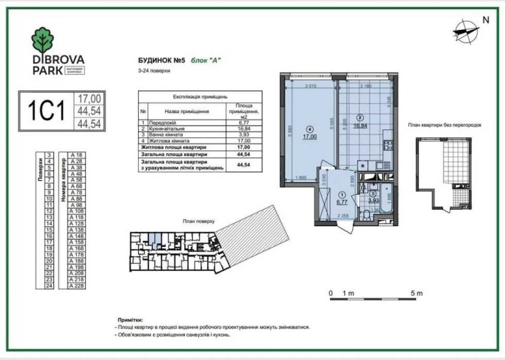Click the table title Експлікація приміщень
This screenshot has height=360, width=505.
tap(200, 95)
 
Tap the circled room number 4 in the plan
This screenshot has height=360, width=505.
tap(309, 129)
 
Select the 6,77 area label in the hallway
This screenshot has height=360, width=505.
tap(342, 201)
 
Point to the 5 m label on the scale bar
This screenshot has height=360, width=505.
tap(416, 293)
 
